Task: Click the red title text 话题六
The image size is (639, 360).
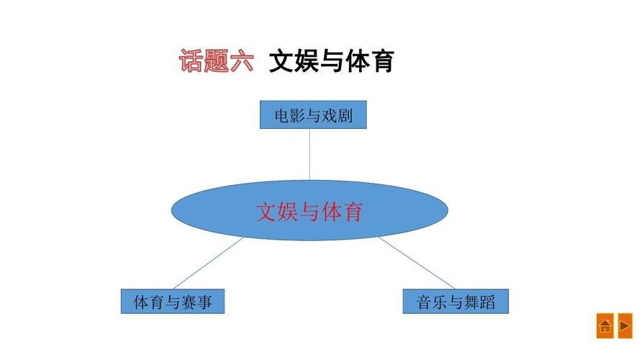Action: (217, 61)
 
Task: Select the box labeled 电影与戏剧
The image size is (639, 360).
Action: (313, 114)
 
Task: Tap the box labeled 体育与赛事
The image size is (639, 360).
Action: (173, 302)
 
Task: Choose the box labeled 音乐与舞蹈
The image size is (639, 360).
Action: (456, 302)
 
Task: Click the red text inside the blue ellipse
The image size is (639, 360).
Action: (309, 212)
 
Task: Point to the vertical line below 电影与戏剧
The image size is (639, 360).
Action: (310, 154)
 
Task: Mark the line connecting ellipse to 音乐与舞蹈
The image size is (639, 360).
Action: (417, 263)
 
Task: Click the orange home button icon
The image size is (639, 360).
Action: (604, 326)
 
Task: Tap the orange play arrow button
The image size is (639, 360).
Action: (625, 326)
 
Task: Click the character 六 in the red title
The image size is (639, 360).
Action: (242, 61)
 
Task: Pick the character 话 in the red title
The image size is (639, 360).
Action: (191, 61)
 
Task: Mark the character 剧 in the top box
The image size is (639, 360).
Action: (345, 115)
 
